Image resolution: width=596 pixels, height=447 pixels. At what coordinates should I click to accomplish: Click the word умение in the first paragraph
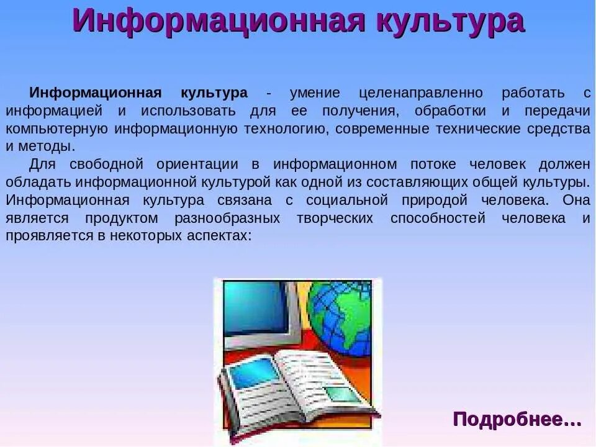[x=315, y=93]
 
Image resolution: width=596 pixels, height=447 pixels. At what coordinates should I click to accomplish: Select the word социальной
[x=347, y=201]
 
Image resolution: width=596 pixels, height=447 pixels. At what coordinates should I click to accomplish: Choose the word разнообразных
[x=228, y=219]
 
